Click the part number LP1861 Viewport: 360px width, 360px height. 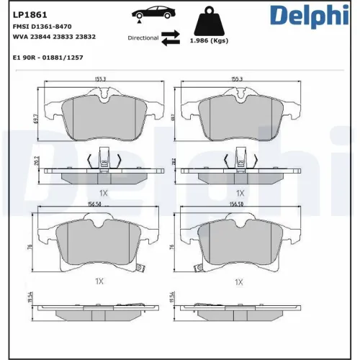(x=25, y=14)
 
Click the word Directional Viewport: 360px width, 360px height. (x=143, y=37)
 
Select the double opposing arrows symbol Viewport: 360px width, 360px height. (x=171, y=38)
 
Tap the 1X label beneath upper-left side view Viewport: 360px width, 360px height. (x=104, y=193)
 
